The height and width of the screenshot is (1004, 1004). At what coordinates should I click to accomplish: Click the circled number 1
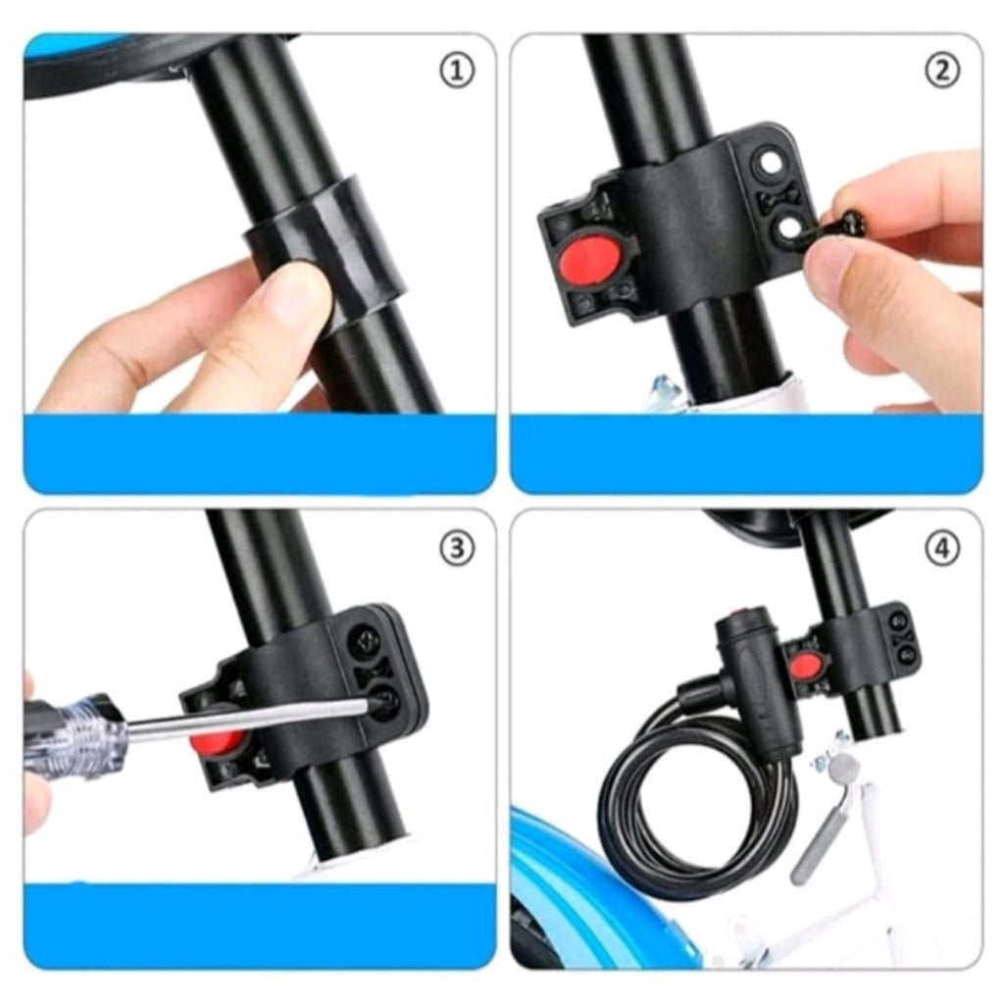457,71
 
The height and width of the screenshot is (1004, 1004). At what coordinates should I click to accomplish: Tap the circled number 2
942,71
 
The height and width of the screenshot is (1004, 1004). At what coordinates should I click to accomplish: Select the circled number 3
457,549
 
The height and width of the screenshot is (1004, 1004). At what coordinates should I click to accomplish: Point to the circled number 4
942,549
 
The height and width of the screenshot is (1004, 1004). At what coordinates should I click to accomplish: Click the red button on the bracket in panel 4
805,667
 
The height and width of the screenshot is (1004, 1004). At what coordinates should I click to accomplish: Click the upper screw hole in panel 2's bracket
769,163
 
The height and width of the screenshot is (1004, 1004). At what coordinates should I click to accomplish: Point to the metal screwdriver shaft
253,717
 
